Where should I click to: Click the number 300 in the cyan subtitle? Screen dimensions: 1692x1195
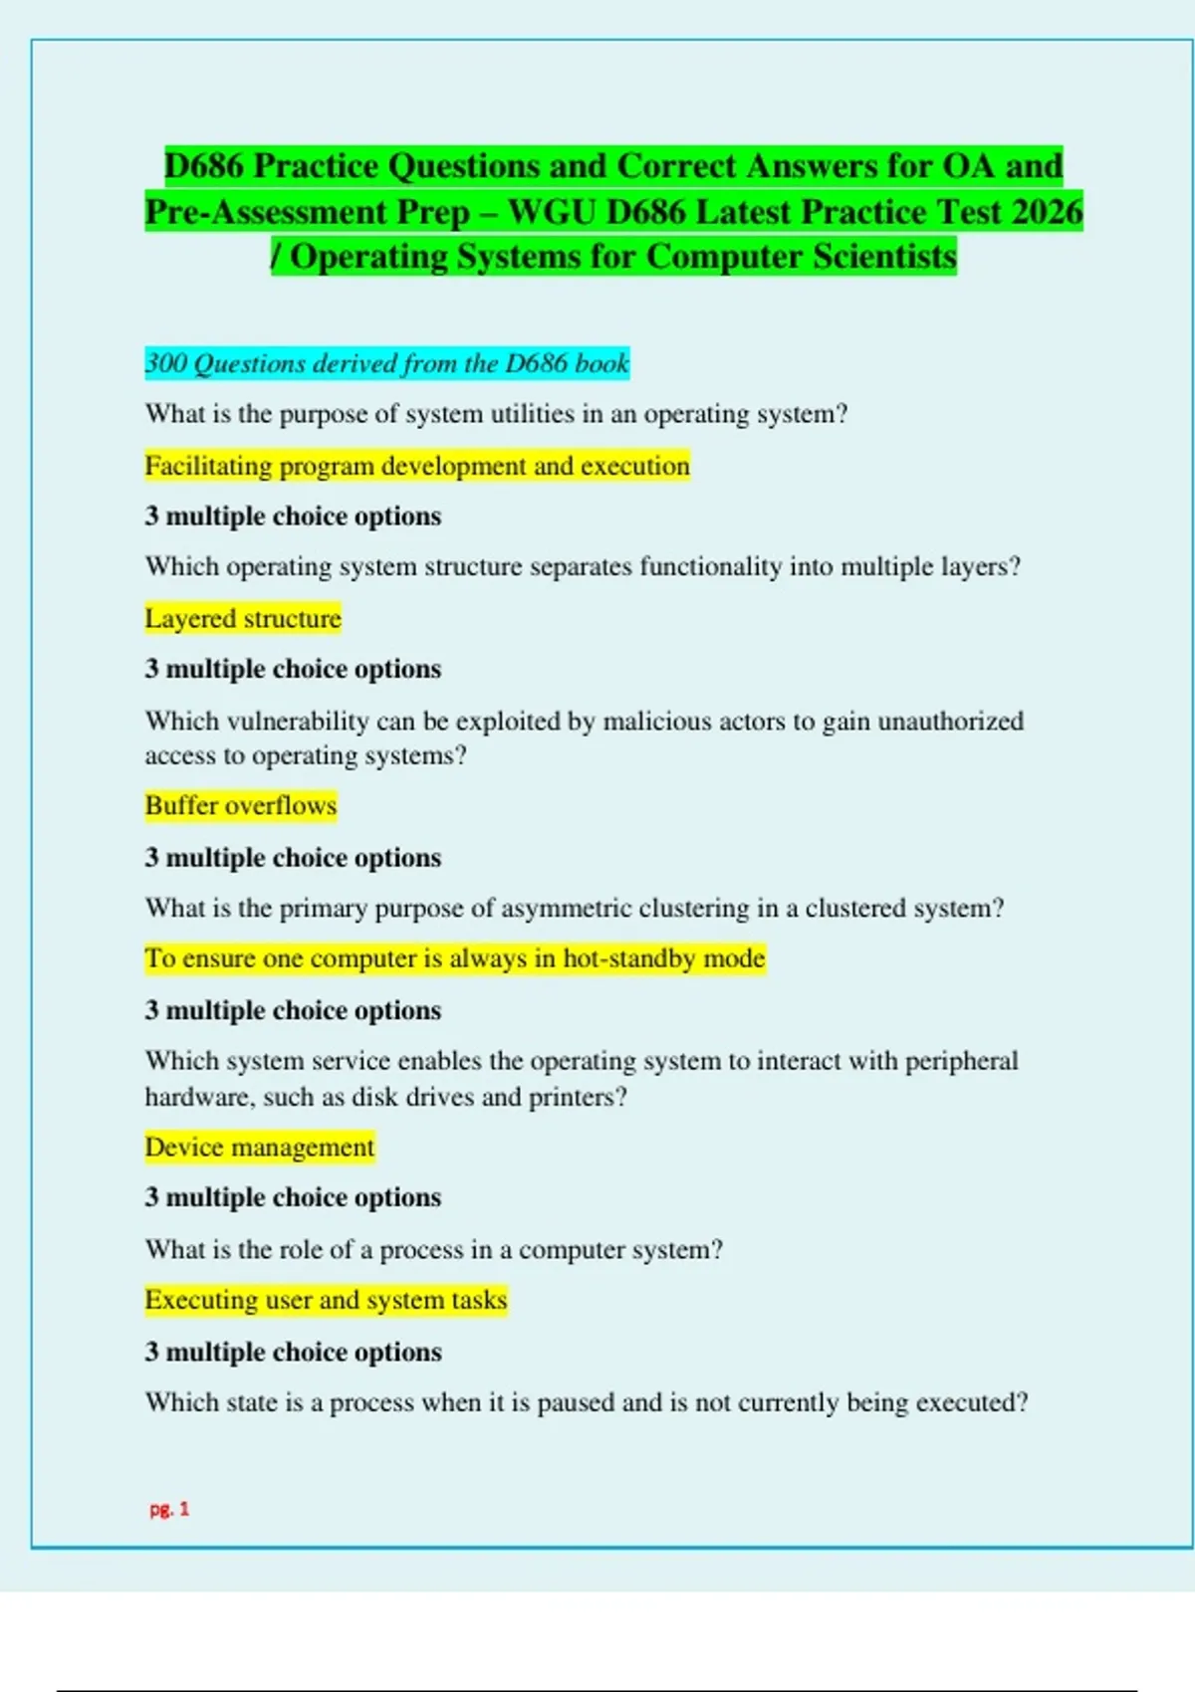(x=165, y=363)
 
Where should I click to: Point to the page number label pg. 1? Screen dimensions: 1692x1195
(x=169, y=1509)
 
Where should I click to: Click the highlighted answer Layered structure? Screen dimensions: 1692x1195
(x=243, y=618)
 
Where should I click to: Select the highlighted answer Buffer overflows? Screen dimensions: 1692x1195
(x=241, y=805)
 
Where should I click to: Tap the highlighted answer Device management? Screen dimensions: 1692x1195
(x=260, y=1147)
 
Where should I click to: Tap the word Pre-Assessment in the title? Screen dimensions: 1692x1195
(x=259, y=212)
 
